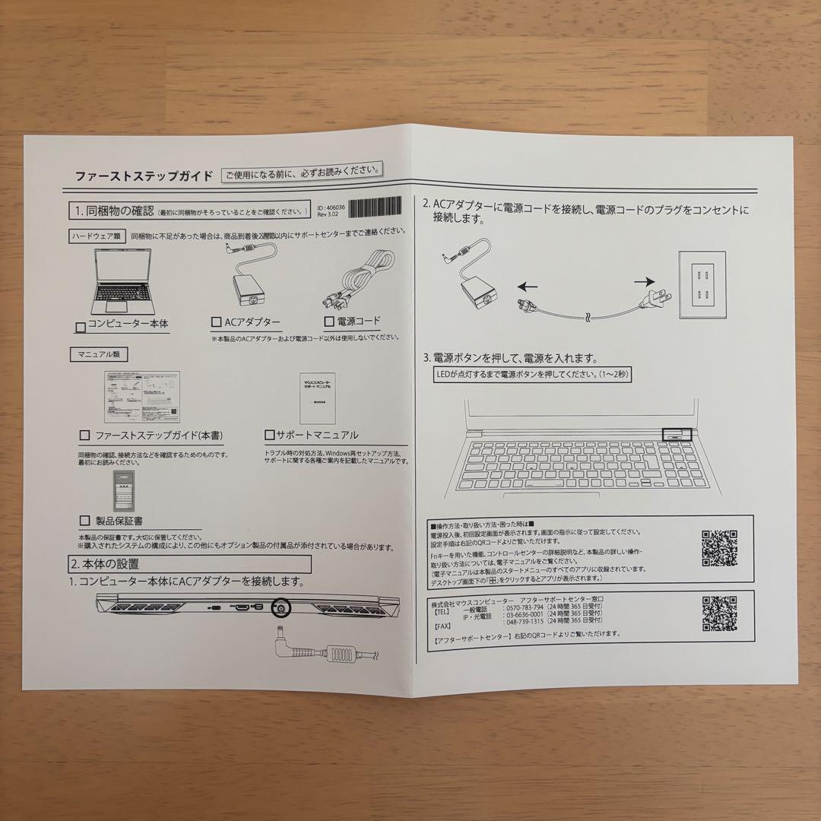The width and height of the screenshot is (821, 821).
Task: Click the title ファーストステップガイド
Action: tap(144, 176)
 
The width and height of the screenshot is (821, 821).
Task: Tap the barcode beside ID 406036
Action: tap(377, 208)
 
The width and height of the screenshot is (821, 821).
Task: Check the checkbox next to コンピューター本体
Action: tap(81, 327)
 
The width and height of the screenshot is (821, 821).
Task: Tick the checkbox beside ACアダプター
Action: tap(217, 322)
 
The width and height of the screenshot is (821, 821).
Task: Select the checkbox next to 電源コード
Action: tap(329, 321)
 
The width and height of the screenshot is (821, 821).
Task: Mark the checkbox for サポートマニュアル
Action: tap(269, 436)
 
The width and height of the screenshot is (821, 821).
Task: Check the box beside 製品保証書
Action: tap(84, 521)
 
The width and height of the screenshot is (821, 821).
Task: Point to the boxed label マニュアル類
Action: tap(98, 354)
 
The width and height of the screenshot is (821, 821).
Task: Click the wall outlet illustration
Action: tap(702, 285)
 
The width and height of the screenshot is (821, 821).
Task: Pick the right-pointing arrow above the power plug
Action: tap(647, 281)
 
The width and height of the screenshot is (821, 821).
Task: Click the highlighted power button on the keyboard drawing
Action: tap(675, 435)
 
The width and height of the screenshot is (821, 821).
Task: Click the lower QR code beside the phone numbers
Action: tap(719, 614)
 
